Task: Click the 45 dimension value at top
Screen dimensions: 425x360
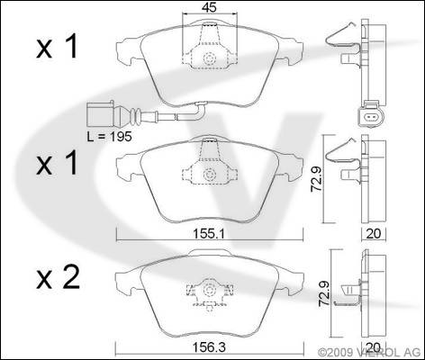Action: pos(209,8)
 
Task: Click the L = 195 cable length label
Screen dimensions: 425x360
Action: pos(109,137)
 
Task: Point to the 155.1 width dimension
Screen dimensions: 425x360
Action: pos(210,234)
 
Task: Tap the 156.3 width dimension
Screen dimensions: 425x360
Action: pos(210,347)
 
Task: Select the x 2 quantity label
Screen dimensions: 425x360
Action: pos(58,278)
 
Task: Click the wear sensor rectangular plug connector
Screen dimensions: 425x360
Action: pos(100,114)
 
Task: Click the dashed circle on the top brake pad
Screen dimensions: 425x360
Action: pos(209,58)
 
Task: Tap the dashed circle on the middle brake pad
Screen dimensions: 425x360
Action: pos(209,175)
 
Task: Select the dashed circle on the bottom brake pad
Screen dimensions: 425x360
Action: pos(209,290)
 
